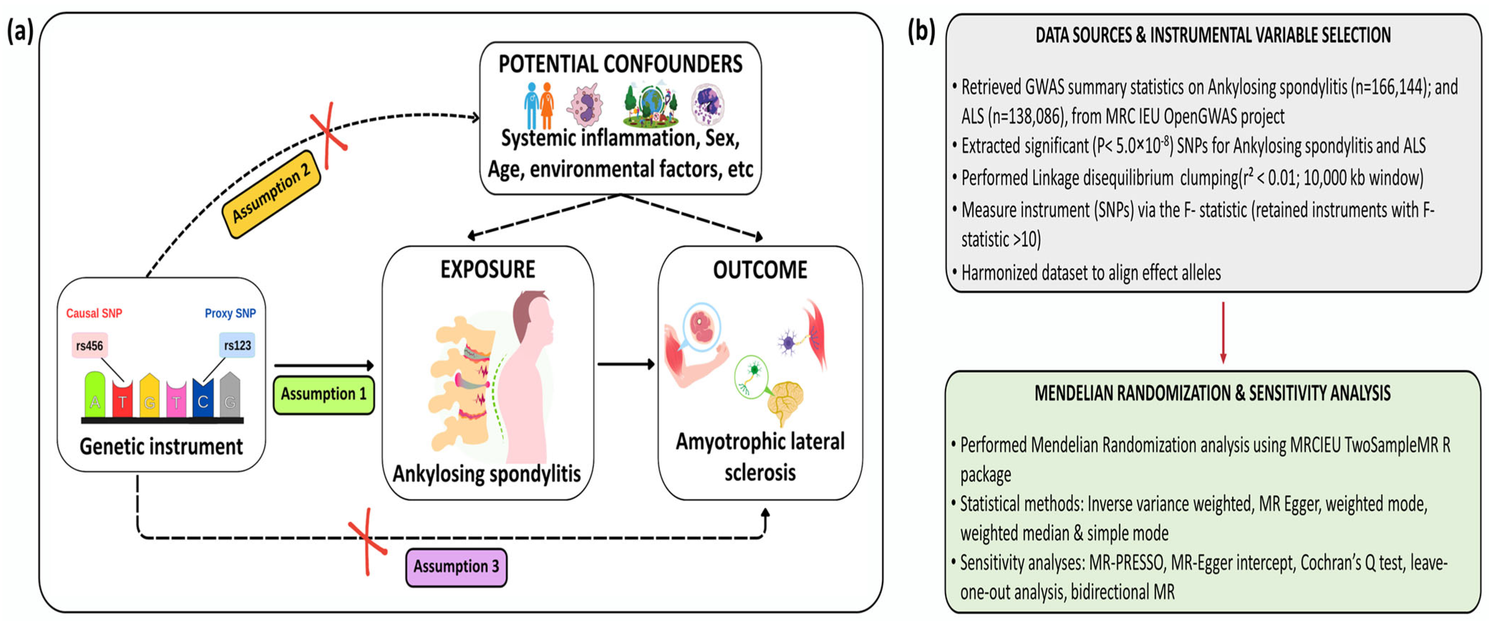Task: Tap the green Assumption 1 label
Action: [324, 394]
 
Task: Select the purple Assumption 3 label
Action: [456, 567]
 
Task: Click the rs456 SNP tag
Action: [89, 346]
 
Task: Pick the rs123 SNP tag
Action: [237, 346]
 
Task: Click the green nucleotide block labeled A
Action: [95, 395]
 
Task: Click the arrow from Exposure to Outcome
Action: [626, 364]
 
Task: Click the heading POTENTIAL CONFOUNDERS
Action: [620, 64]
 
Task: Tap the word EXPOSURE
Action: [487, 269]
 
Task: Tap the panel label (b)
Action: [921, 31]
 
